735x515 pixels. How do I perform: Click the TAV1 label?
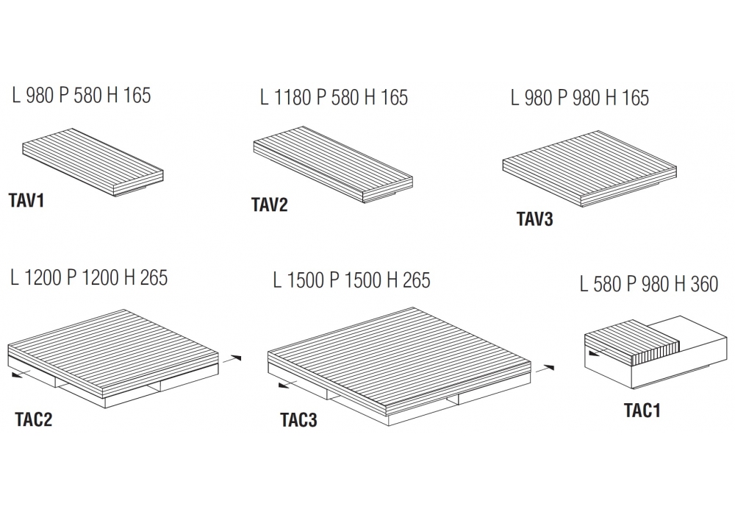click(x=26, y=201)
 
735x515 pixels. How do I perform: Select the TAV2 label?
click(x=270, y=205)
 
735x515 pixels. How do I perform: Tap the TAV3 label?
click(x=535, y=219)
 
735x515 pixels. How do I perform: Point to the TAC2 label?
click(x=33, y=419)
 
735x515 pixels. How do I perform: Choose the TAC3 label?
click(x=298, y=420)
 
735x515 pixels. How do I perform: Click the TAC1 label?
click(x=642, y=411)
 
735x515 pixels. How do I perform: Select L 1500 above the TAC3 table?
click(x=299, y=280)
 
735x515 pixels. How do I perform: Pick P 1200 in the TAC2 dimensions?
click(x=93, y=277)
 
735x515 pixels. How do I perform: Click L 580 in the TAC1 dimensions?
click(x=601, y=284)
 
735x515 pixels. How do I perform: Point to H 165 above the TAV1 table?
click(x=129, y=95)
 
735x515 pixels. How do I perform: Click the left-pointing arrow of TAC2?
click(x=21, y=374)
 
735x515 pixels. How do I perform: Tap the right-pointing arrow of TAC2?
click(x=232, y=359)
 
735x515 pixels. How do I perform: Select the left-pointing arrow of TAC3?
click(x=288, y=385)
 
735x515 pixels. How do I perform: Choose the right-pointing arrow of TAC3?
click(x=545, y=369)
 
